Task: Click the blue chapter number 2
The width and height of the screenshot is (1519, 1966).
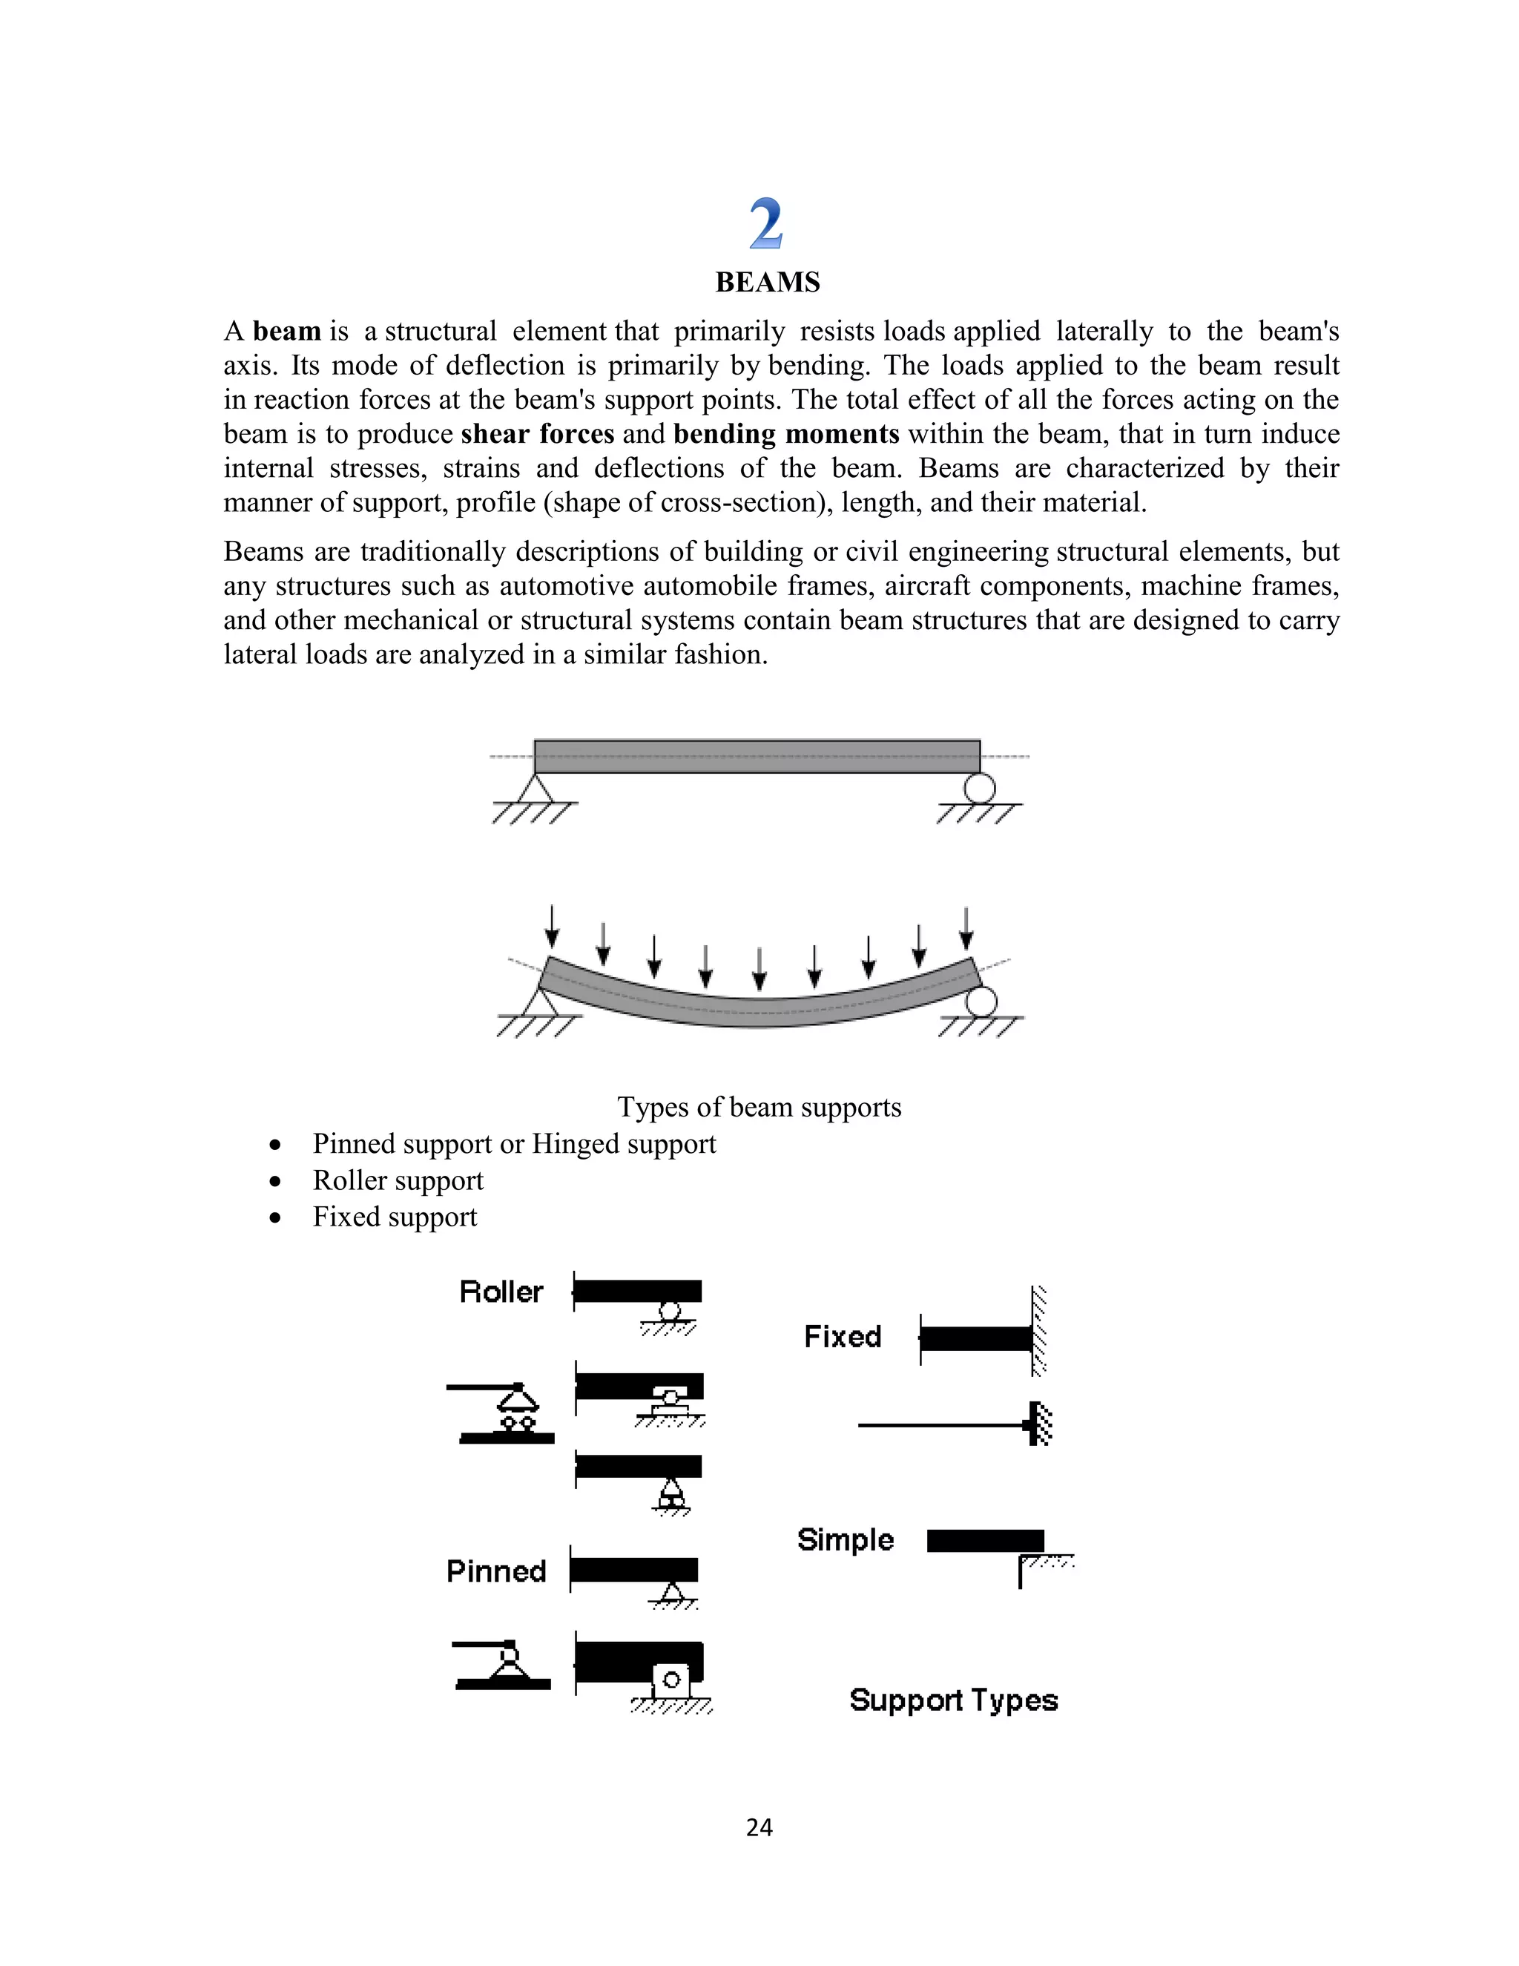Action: pos(765,224)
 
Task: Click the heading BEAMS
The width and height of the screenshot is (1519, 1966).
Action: pos(767,283)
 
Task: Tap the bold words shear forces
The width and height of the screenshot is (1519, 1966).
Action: pos(537,434)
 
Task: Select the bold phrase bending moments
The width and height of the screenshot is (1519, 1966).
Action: pos(785,434)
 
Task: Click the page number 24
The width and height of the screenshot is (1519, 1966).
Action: pos(759,1827)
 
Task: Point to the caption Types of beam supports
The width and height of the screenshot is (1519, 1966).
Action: pos(759,1106)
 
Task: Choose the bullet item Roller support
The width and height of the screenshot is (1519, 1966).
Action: pos(398,1180)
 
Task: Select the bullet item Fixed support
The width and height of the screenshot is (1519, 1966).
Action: pos(394,1217)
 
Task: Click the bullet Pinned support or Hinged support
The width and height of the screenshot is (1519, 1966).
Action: pos(514,1144)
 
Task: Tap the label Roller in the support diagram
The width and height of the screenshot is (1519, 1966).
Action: pos(501,1292)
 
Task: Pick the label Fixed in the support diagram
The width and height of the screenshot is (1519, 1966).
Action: pos(843,1337)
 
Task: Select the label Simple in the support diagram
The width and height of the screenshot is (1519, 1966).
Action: pos(845,1540)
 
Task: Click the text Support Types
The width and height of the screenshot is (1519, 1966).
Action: pos(953,1700)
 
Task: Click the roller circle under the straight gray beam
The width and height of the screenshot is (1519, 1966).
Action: pos(979,789)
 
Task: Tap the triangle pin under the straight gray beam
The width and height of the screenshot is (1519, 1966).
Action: pos(536,789)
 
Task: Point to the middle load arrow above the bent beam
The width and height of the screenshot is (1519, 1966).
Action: pos(759,970)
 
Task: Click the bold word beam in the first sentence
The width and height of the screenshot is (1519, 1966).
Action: pos(286,332)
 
